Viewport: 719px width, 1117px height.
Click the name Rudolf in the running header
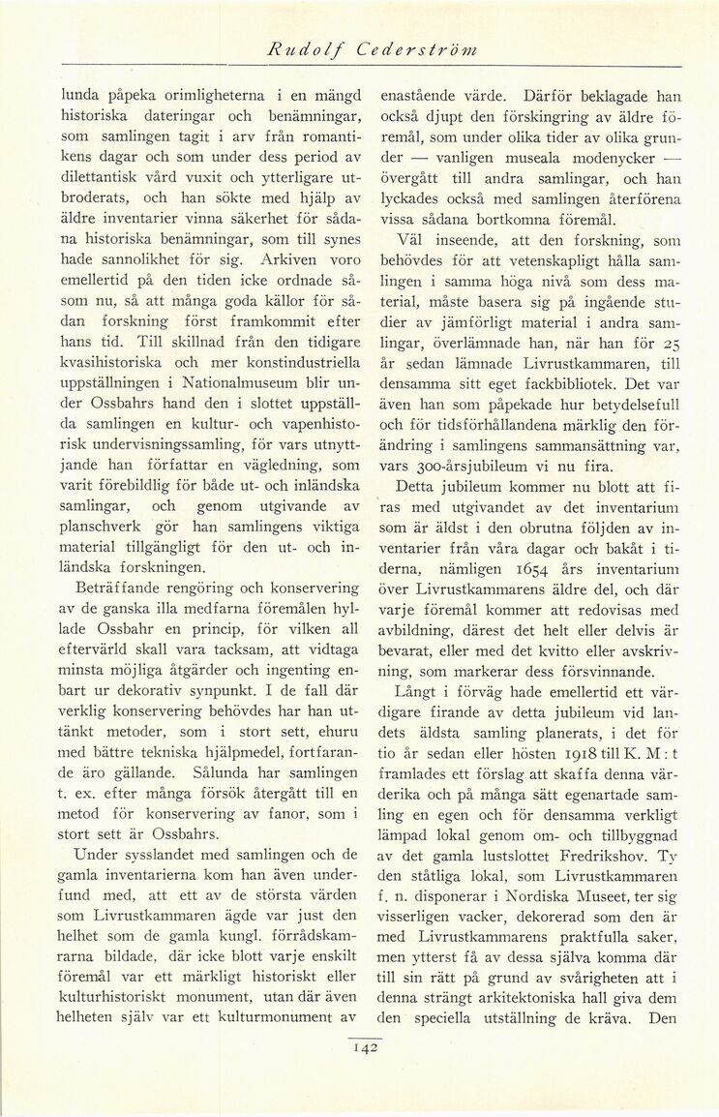tap(300, 52)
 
